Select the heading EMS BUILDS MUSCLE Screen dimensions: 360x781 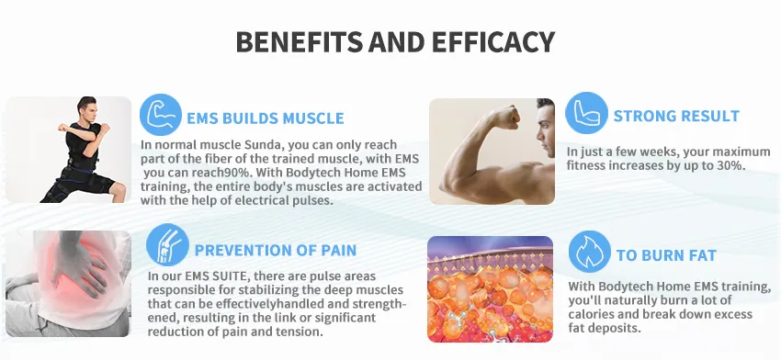pos(266,118)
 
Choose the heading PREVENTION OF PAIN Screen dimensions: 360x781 pos(276,250)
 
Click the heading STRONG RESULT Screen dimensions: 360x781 pos(676,117)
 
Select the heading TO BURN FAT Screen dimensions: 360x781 pos(666,255)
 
